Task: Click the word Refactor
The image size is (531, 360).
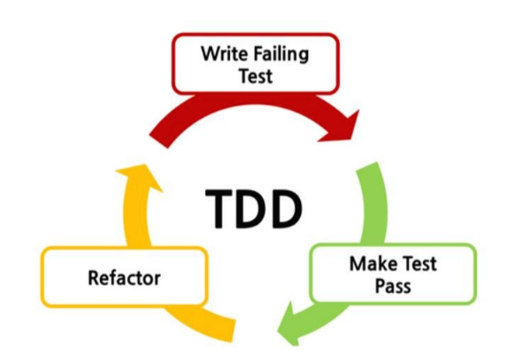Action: [124, 278]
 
